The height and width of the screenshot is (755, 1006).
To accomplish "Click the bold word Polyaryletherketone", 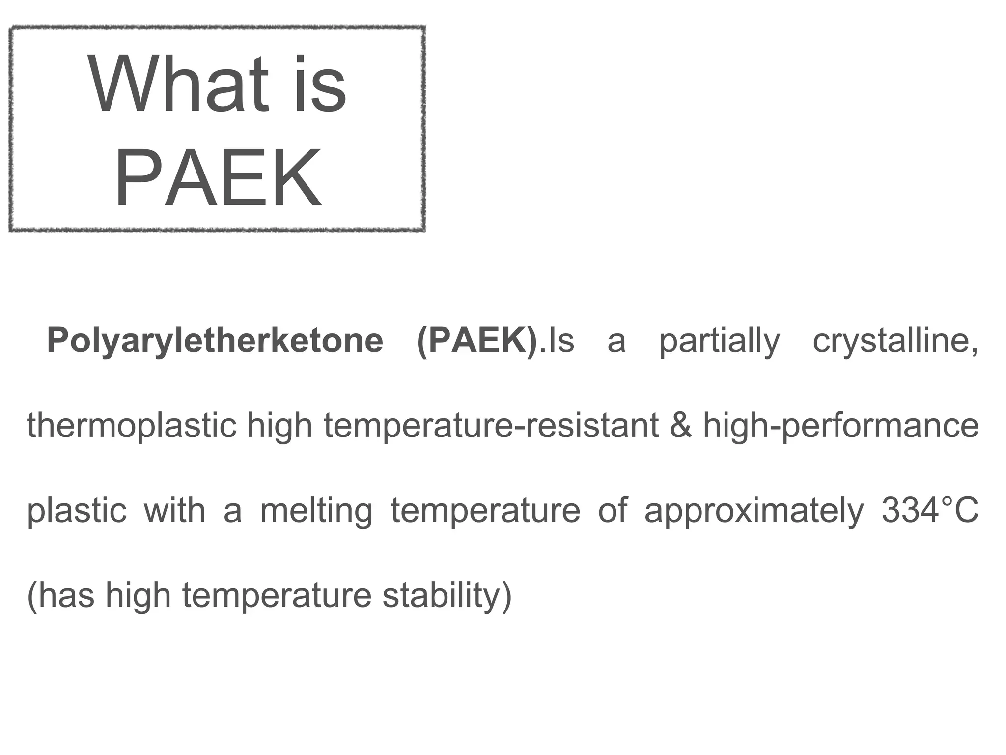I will pos(215,341).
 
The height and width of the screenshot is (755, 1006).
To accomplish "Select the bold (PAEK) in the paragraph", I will pos(477,341).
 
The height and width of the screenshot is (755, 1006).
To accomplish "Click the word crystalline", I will pos(895,341).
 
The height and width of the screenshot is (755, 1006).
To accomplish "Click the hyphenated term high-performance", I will pos(840,426).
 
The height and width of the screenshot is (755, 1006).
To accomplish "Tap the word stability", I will pos(447,595).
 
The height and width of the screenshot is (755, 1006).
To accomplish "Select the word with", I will pos(174,510).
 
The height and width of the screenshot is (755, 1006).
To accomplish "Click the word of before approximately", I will pos(613,510).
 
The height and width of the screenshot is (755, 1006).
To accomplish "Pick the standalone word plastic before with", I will pos(77,510).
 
